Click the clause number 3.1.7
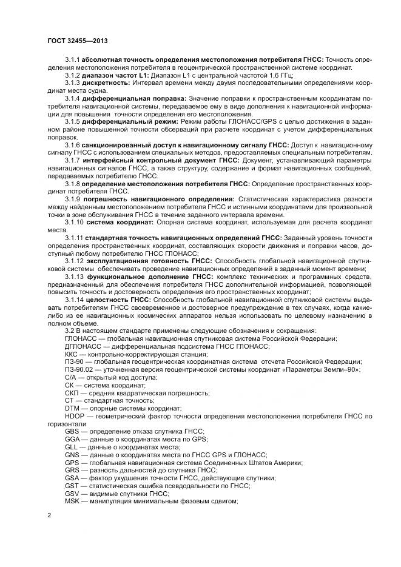coord(73,160)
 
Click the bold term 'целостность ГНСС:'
coord(115,300)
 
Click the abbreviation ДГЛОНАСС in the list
coord(84,347)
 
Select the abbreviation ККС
coord(72,354)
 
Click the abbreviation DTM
coord(72,409)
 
